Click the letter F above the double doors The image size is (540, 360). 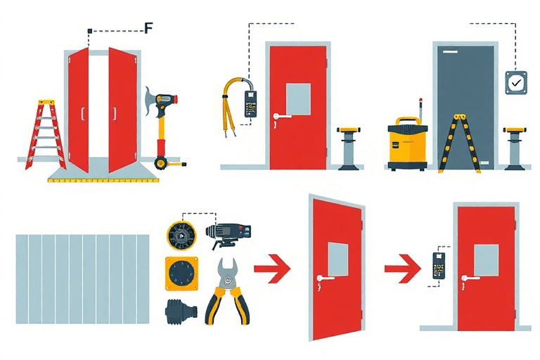(x=148, y=27)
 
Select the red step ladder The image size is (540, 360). (x=45, y=135)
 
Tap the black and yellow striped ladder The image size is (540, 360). (x=459, y=143)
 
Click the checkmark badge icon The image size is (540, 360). (x=516, y=83)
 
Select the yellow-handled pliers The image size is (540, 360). (x=228, y=291)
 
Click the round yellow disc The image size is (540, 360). (x=181, y=236)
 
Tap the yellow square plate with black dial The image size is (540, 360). (x=181, y=274)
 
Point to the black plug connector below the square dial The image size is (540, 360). (x=181, y=311)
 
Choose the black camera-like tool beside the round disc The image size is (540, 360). (x=229, y=234)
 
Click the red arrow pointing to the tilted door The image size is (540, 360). (x=272, y=269)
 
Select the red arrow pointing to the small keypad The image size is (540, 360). (x=403, y=269)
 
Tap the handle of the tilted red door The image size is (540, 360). (x=325, y=278)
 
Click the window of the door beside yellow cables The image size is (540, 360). (x=298, y=99)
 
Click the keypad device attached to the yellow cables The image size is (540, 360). (x=250, y=103)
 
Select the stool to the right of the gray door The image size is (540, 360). (x=515, y=148)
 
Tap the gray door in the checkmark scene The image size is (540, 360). (x=465, y=108)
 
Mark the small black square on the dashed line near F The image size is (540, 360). (x=89, y=31)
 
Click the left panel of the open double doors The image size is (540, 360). (x=78, y=110)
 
